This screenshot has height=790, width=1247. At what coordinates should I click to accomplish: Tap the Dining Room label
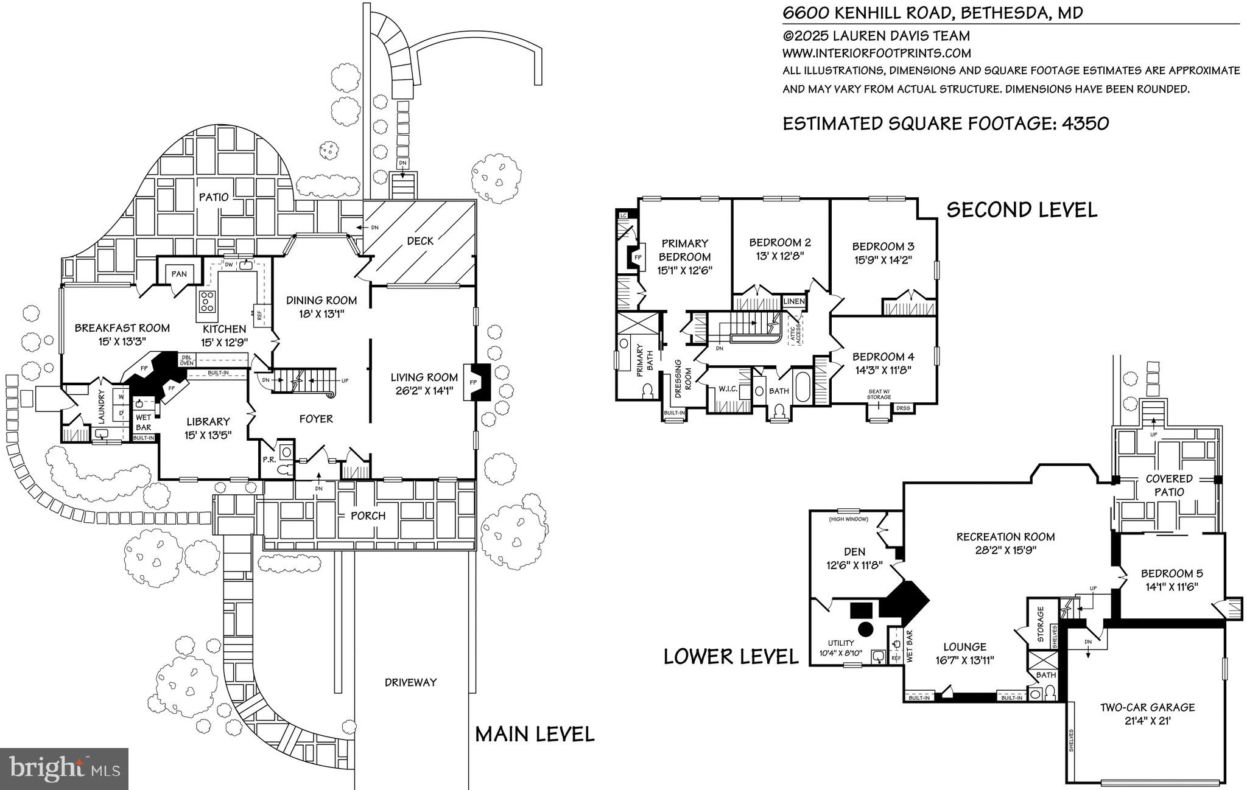321,300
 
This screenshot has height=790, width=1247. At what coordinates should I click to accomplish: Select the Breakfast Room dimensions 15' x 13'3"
122,343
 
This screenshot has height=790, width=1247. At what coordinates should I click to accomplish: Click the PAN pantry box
179,274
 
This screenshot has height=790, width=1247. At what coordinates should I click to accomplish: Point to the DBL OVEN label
186,360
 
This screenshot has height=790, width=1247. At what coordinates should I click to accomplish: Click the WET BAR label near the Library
144,422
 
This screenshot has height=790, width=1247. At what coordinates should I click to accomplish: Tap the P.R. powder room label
269,460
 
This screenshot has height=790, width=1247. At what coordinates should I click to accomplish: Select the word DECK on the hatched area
420,241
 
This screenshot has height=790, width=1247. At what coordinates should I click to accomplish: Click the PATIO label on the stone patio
214,197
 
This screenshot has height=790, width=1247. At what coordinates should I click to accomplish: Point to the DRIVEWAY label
410,682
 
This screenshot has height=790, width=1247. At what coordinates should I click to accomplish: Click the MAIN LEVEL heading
535,734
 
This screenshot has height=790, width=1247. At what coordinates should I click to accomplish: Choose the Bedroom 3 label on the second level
883,246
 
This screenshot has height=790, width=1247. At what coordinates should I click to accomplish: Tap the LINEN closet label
794,301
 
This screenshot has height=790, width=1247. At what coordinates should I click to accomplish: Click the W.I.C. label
728,389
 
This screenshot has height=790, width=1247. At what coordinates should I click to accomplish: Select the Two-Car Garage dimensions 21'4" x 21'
1147,721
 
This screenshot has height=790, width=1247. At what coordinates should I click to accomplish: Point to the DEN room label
854,552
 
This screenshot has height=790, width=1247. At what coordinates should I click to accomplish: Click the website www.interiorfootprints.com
876,54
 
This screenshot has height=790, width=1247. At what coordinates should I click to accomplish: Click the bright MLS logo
64,768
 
